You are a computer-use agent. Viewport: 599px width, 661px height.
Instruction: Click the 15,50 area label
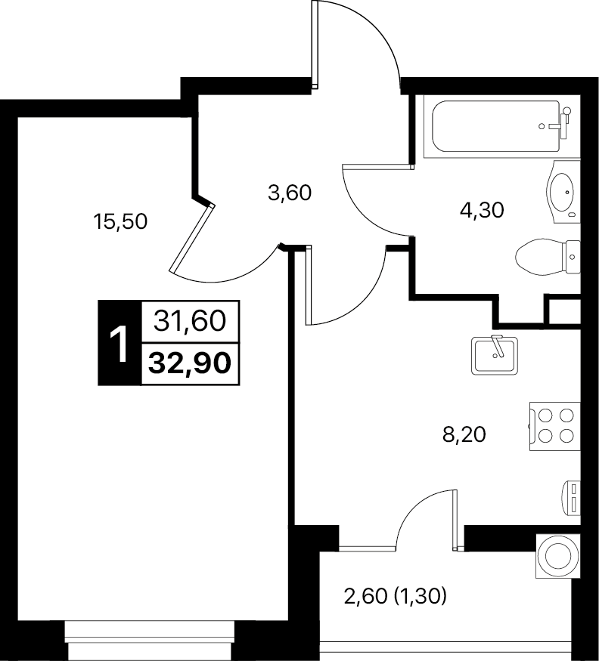click(x=121, y=221)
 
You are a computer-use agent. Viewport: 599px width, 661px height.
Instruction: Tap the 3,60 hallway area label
click(x=290, y=193)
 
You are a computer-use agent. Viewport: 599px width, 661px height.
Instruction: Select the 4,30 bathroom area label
click(x=482, y=209)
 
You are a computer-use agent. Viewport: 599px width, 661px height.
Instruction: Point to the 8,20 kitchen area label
click(x=464, y=434)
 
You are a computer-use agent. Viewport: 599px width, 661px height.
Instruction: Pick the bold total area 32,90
click(x=190, y=363)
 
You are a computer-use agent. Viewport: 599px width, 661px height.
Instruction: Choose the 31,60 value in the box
click(x=190, y=321)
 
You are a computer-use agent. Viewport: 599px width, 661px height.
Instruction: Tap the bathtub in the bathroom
click(x=496, y=126)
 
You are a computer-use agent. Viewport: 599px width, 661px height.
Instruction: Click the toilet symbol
click(x=548, y=257)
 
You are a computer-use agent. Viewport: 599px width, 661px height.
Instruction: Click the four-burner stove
click(x=555, y=426)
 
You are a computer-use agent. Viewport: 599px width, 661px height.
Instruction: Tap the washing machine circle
click(x=557, y=555)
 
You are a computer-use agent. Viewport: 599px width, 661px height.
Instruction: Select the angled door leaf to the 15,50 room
click(x=192, y=239)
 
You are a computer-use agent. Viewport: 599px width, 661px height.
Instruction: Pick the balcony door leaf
click(x=455, y=520)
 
